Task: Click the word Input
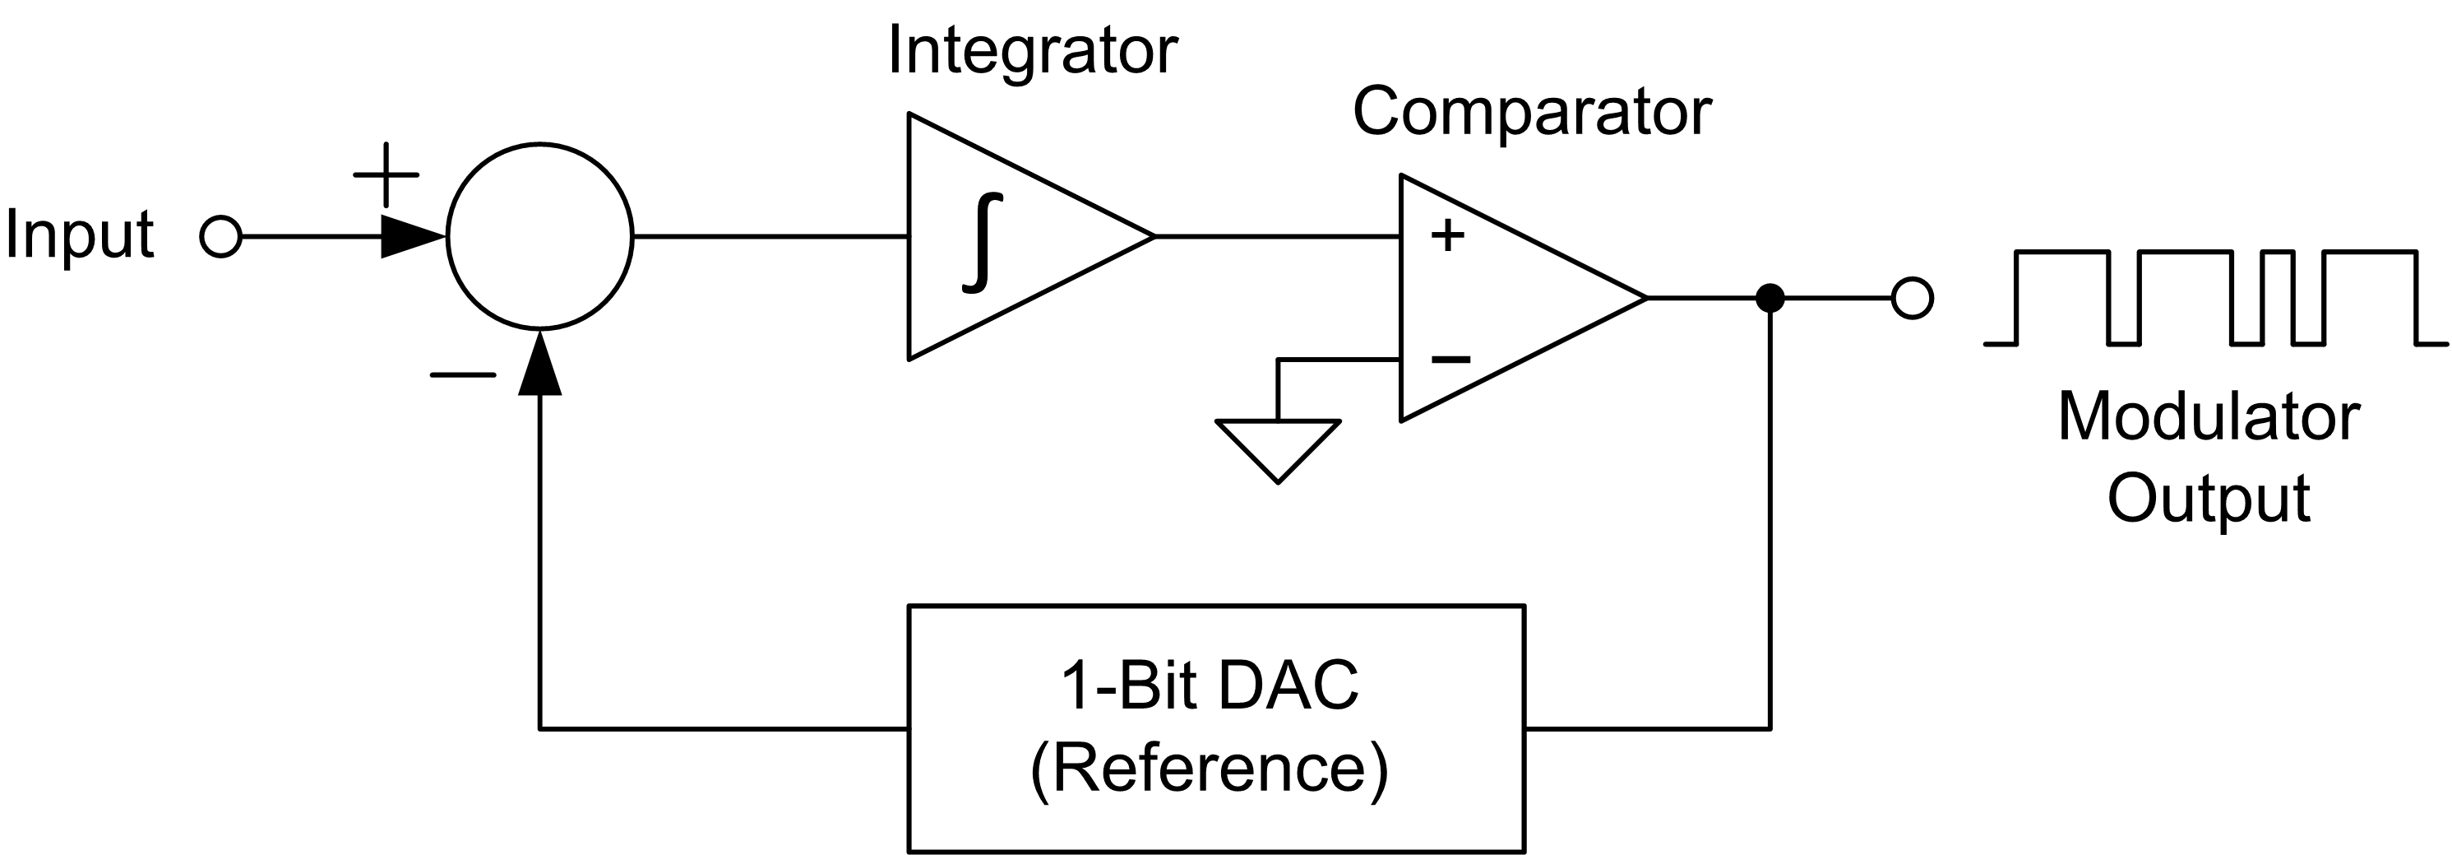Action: point(79,235)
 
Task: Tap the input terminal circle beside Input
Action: point(221,236)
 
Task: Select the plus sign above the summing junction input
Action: point(386,175)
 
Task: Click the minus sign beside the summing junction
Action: point(463,375)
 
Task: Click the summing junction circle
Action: point(539,236)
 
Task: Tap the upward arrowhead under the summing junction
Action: point(539,364)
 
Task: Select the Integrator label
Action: point(1032,50)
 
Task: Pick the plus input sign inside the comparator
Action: point(1448,235)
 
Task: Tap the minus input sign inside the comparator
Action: point(1450,359)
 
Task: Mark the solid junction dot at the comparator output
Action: point(1770,298)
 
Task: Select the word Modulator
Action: point(2209,417)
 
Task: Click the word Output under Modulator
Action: point(2209,498)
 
